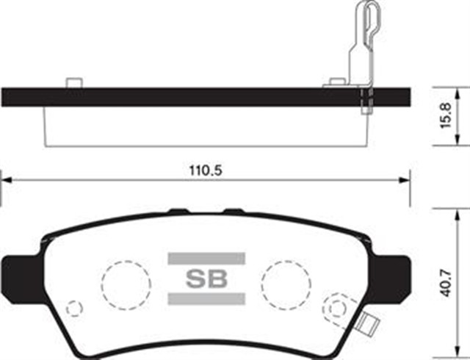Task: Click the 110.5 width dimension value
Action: click(206, 169)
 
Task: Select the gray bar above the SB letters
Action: click(206, 258)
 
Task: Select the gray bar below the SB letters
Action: click(206, 298)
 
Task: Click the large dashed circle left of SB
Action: click(124, 282)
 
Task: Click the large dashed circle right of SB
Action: click(286, 282)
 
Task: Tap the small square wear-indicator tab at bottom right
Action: click(367, 323)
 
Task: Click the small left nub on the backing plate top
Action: click(73, 82)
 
